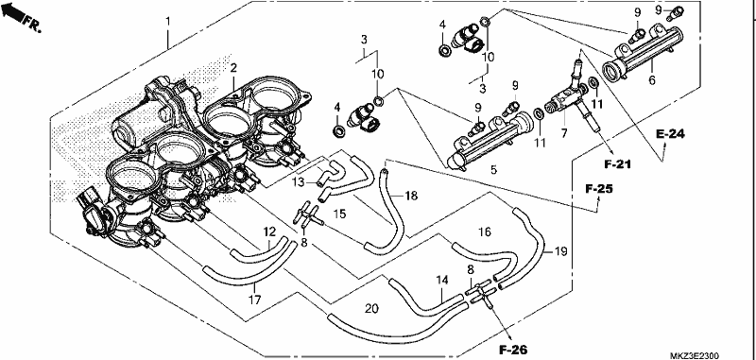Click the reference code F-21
618,164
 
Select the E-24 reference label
670,134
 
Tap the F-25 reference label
599,188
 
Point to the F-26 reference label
513,350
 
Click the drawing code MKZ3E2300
694,355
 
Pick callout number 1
168,22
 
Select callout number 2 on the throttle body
233,68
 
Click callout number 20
371,308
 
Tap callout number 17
254,300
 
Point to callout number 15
340,214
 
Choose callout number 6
652,80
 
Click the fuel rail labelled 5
490,139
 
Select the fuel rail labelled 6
643,52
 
